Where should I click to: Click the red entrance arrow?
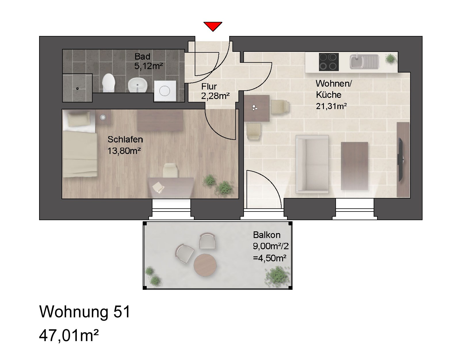click(213, 26)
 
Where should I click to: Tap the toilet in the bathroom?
click(108, 83)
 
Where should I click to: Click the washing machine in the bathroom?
click(165, 91)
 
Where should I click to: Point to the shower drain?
click(77, 89)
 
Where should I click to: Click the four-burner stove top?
click(329, 62)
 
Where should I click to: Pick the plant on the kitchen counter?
click(390, 59)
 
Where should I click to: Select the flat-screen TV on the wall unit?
click(400, 159)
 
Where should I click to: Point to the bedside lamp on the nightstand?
click(103, 117)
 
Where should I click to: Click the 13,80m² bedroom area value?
click(124, 151)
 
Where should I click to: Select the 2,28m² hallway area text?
click(215, 96)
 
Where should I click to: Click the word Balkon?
click(266, 235)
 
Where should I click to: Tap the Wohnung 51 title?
click(85, 312)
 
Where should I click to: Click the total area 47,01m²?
click(69, 336)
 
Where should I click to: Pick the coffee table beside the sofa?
click(354, 166)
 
